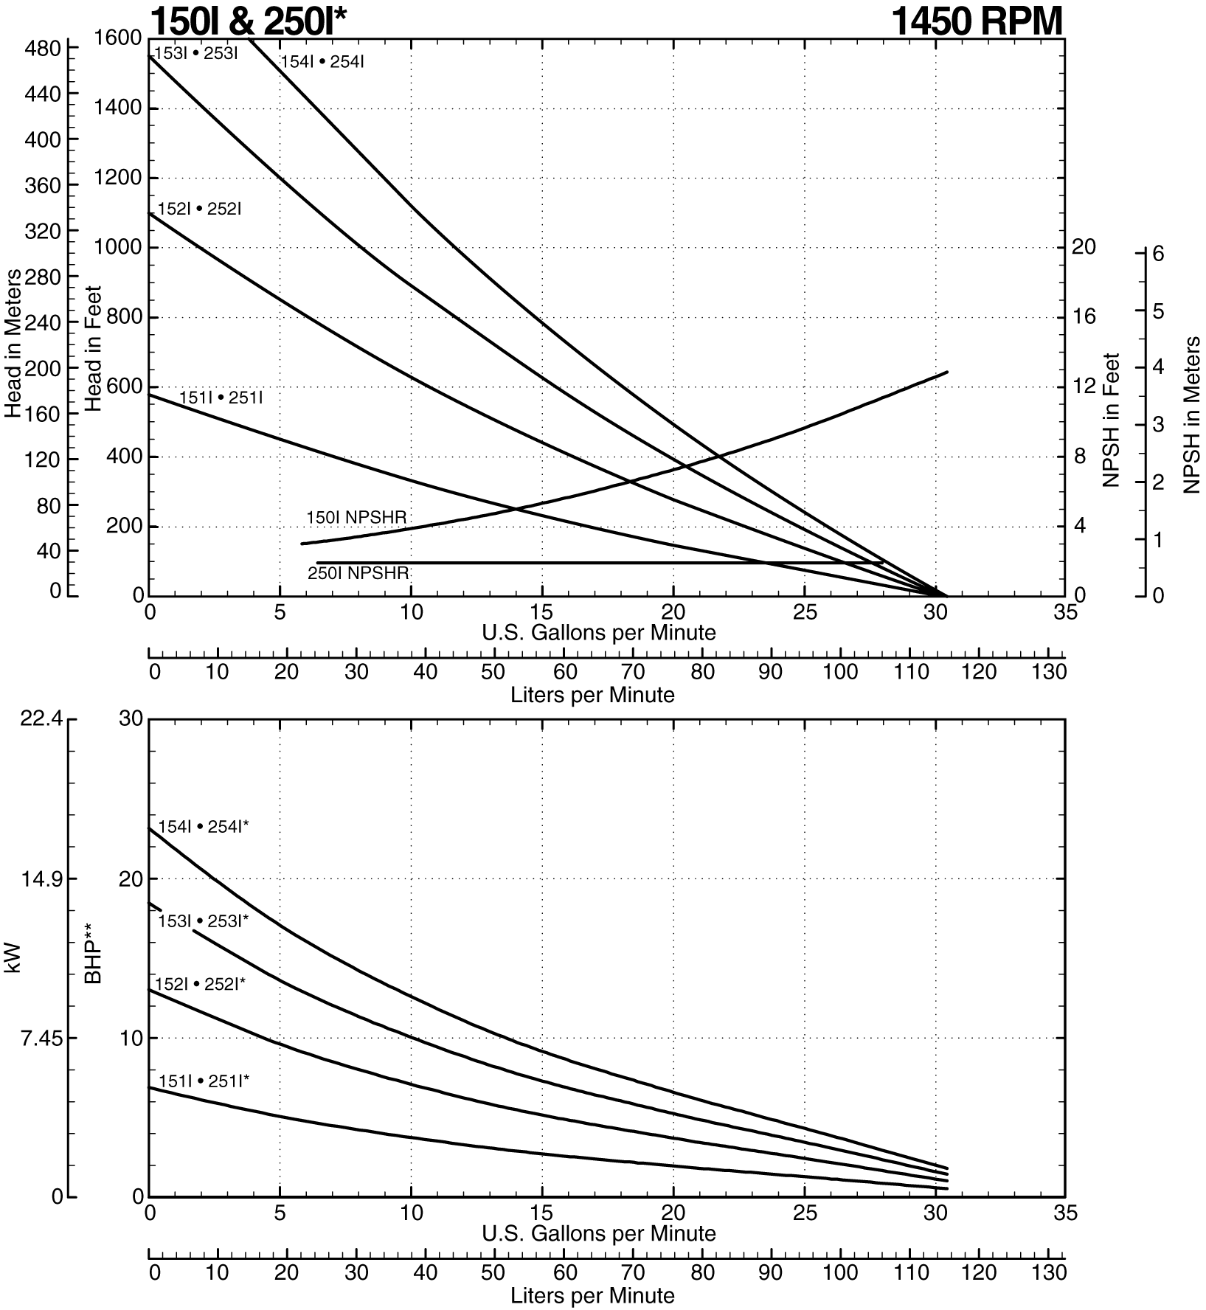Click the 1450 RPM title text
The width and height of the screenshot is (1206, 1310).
pyautogui.click(x=977, y=21)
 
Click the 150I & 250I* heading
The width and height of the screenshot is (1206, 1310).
pyautogui.click(x=247, y=21)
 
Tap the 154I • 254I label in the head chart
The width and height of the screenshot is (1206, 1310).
pyautogui.click(x=322, y=62)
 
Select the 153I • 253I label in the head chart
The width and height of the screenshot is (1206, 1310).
pyautogui.click(x=195, y=53)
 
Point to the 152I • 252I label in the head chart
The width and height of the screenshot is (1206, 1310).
pyautogui.click(x=199, y=209)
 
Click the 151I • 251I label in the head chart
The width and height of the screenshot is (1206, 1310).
pyautogui.click(x=221, y=398)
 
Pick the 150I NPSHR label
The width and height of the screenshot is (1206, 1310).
pyautogui.click(x=356, y=518)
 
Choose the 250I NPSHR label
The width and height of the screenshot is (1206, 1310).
pyautogui.click(x=358, y=572)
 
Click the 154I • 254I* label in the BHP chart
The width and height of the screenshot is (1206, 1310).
pyautogui.click(x=204, y=827)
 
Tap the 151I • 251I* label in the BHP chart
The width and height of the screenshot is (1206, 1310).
pyautogui.click(x=204, y=1081)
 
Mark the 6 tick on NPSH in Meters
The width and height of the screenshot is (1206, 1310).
pyautogui.click(x=1157, y=254)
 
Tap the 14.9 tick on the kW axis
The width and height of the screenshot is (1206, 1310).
pyautogui.click(x=40, y=879)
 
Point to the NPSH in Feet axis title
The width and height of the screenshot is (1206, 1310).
pyautogui.click(x=1112, y=420)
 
